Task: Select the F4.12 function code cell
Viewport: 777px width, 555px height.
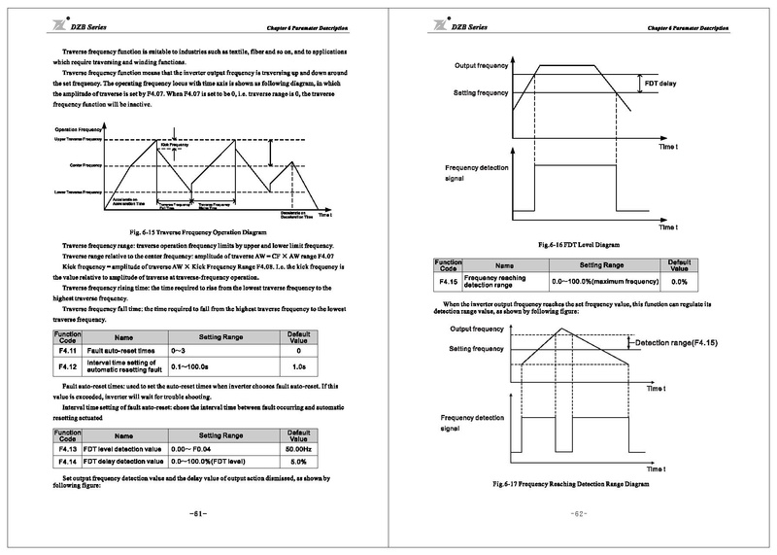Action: point(67,365)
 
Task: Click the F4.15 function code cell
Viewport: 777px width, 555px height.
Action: point(448,281)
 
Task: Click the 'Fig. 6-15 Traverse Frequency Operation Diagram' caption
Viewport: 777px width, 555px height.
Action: point(196,233)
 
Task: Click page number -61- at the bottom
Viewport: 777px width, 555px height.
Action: point(196,511)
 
